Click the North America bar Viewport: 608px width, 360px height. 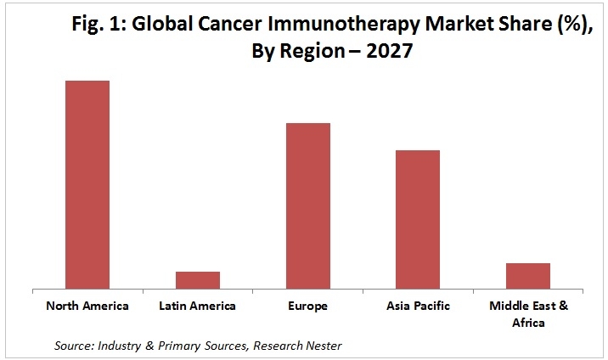(87, 184)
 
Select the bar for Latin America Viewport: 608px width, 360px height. (197, 280)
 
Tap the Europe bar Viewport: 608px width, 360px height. (307, 205)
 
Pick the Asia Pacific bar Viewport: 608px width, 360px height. (418, 219)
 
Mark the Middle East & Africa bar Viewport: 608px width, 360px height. (527, 276)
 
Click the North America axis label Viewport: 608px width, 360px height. (87, 306)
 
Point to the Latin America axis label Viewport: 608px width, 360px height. (197, 306)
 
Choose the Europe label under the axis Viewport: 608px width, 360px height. (307, 306)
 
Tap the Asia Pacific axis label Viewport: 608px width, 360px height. (418, 306)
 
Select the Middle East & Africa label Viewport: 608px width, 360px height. (527, 313)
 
